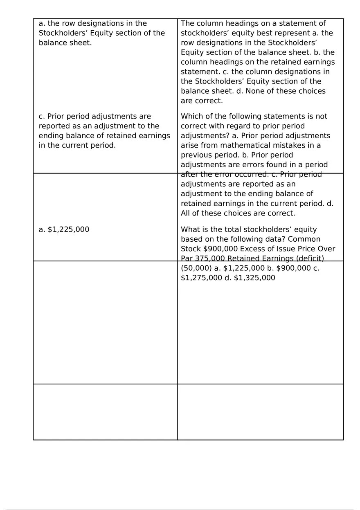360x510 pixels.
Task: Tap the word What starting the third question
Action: (191, 229)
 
